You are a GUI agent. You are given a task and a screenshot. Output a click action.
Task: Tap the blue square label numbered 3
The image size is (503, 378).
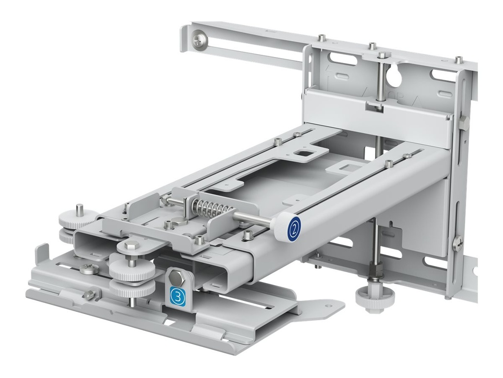(x=177, y=295)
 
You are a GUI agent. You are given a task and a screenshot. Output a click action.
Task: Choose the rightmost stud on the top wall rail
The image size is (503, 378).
(x=458, y=59)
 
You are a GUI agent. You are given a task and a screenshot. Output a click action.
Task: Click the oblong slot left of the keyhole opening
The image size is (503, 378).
(x=341, y=62)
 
